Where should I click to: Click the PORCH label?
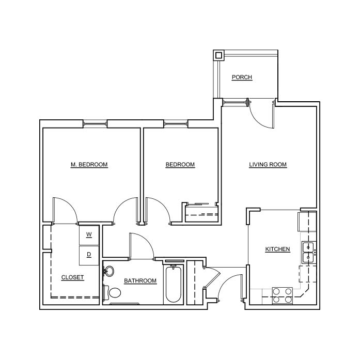pos(242,77)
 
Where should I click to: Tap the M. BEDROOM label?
pos(89,165)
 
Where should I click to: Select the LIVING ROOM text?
pos(268,165)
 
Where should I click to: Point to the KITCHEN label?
pos(277,249)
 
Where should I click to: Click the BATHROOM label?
pos(140,280)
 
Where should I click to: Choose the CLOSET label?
pos(72,277)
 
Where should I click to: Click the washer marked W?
pos(89,235)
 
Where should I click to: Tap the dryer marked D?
pos(89,255)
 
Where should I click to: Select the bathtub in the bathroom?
pos(174,285)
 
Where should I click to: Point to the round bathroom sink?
pos(109,271)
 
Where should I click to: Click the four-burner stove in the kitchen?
pos(283,296)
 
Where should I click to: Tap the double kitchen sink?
pos(309,253)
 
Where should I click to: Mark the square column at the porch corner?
pos(218,55)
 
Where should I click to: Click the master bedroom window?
pos(95,124)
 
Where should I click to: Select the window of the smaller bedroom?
pos(176,124)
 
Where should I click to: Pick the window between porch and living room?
pos(235,102)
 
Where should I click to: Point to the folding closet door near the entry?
pos(212,277)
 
